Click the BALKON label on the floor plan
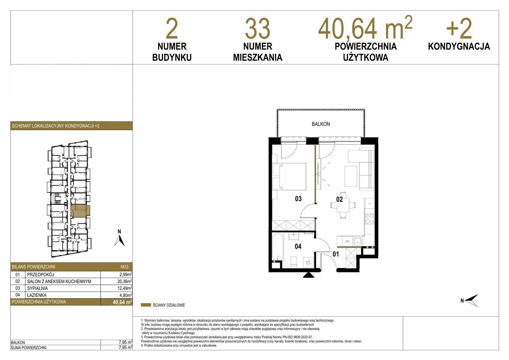[x=321, y=124]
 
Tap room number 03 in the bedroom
[x=298, y=199]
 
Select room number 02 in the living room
[x=339, y=199]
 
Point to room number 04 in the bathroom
[x=298, y=246]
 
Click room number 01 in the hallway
[x=336, y=254]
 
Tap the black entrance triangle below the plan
[x=309, y=275]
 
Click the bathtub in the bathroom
[x=278, y=247]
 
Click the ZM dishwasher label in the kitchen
[x=347, y=241]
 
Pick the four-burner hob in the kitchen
[x=369, y=219]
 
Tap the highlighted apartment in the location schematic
[x=81, y=211]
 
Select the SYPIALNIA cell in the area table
[x=37, y=288]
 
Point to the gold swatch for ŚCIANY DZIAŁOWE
[x=146, y=305]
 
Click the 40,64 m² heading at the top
[x=365, y=28]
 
